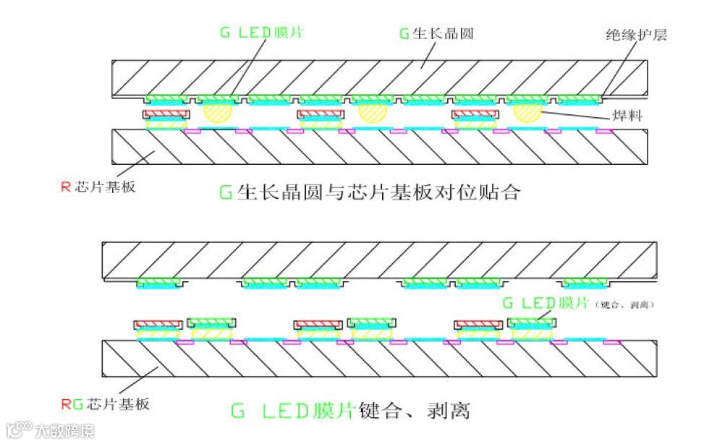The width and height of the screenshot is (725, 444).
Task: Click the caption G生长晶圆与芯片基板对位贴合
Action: [x=369, y=192]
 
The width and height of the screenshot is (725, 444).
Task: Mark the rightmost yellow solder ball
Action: [x=527, y=112]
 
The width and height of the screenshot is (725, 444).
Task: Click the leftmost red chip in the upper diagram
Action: [x=166, y=114]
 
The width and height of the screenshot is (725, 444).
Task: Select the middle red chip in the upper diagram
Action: [x=321, y=114]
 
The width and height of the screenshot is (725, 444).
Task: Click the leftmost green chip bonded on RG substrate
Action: [x=211, y=322]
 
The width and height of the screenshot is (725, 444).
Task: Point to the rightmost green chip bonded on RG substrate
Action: [x=531, y=322]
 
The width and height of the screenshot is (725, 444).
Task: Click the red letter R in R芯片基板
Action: [x=65, y=187]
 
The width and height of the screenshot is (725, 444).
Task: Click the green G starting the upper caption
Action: [x=225, y=192]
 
